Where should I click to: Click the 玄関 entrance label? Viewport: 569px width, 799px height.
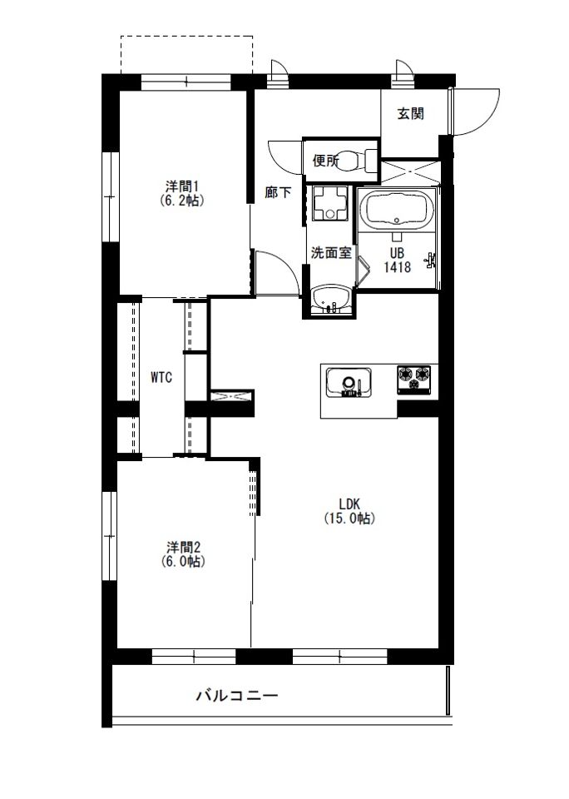click(x=411, y=114)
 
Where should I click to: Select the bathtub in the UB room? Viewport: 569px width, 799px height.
click(x=398, y=208)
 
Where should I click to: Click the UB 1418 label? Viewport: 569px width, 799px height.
click(x=397, y=260)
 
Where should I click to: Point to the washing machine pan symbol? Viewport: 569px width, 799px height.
click(x=329, y=203)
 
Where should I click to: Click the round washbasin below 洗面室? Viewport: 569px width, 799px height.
click(x=331, y=299)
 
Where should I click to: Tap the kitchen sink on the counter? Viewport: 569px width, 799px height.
click(x=349, y=382)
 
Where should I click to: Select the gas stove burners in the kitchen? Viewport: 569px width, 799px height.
click(x=414, y=379)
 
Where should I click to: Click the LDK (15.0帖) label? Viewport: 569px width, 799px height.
click(x=349, y=511)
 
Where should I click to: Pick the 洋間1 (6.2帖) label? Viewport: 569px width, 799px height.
click(x=181, y=193)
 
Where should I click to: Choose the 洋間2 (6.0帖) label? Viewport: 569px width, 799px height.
click(x=183, y=554)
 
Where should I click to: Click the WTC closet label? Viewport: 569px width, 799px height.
click(x=161, y=378)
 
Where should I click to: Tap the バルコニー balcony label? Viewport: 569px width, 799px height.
click(x=237, y=695)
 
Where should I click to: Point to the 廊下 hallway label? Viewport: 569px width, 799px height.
click(x=278, y=192)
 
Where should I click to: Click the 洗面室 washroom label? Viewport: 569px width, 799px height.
click(x=331, y=253)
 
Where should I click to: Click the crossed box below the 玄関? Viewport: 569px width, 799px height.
click(x=410, y=171)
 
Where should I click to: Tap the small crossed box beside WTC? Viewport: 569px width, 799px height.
click(x=232, y=396)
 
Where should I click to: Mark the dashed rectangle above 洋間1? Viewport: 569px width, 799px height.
click(x=186, y=55)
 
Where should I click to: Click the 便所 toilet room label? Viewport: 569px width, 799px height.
click(x=325, y=161)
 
